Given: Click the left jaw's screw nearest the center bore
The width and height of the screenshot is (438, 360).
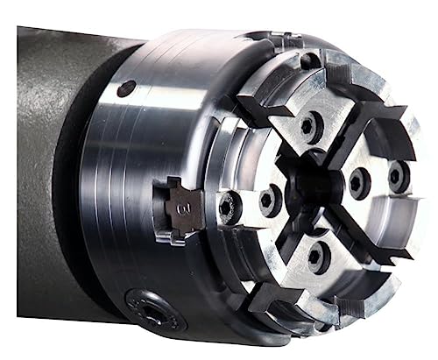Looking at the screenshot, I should pos(270,200).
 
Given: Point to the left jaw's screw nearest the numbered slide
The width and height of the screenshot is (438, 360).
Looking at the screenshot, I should pos(230,207).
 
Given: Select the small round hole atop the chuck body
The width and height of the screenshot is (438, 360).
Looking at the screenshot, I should pos(128,88).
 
